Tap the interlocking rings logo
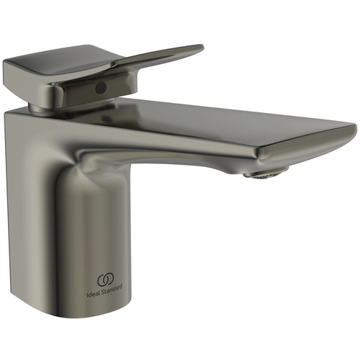tap(105, 280)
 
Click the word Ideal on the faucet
tap(94, 294)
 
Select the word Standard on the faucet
tap(112, 289)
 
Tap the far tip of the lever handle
tap(202, 48)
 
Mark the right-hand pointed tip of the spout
tap(355, 127)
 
